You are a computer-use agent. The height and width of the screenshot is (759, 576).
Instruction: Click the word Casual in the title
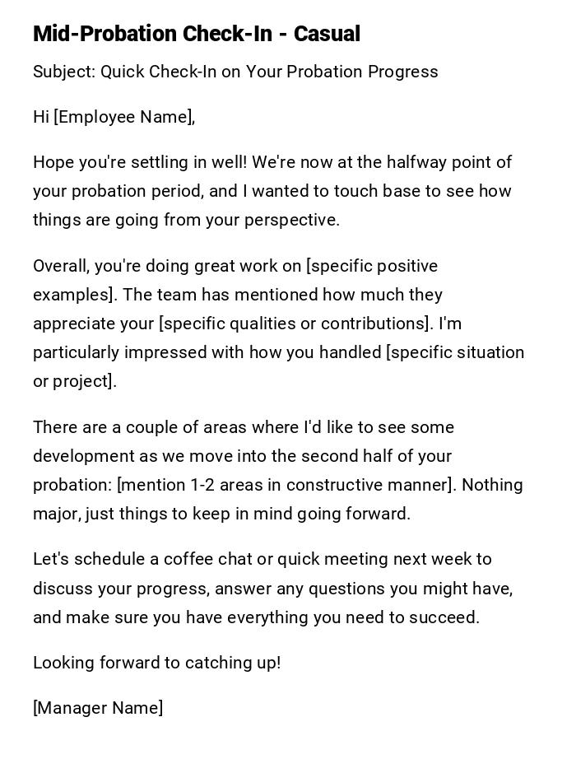point(327,34)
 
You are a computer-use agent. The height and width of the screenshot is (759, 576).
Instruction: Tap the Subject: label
point(64,72)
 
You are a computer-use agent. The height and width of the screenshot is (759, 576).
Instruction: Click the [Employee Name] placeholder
point(123,117)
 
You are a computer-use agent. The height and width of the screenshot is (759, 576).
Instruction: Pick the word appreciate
point(72,324)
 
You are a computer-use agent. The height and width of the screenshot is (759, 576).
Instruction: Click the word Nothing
point(492,485)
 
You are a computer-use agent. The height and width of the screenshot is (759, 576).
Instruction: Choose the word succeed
point(444,617)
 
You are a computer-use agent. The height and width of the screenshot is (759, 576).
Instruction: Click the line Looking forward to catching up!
point(157,663)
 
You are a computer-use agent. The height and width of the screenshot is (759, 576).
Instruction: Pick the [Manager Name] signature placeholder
point(98,708)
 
